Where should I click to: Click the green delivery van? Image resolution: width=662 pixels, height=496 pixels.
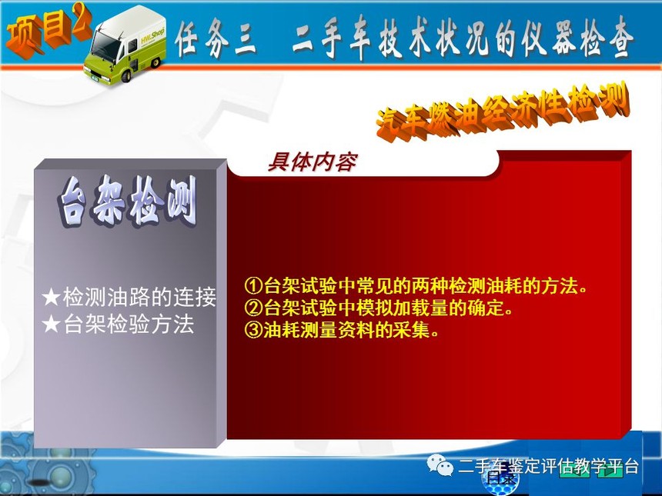coord(125,45)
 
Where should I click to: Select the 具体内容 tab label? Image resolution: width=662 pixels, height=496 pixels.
coord(313,162)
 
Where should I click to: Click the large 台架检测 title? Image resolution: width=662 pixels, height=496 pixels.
coord(128,202)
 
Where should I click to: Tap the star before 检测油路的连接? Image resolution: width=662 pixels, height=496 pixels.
coord(51,298)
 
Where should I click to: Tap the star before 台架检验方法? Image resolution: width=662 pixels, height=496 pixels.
coord(51,325)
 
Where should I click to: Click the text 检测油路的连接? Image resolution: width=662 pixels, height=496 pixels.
coord(139,297)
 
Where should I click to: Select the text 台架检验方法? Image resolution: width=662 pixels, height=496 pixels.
coord(129,325)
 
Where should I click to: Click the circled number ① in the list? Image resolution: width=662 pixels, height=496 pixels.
coord(254,286)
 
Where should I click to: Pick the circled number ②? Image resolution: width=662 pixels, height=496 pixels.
coord(254,308)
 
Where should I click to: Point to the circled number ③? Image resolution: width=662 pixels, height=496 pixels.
coord(254,330)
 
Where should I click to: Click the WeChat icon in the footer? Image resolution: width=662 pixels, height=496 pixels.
coord(440,465)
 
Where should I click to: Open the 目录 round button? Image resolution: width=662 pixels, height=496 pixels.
coord(500,479)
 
